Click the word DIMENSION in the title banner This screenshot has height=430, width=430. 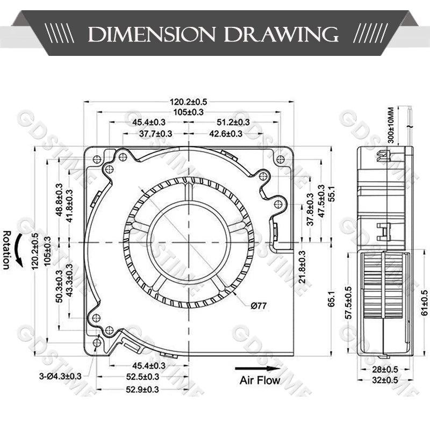click(152, 34)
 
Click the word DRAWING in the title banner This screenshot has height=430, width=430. click(281, 34)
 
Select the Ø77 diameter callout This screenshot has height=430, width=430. click(259, 305)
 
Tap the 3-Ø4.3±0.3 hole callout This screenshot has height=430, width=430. click(60, 376)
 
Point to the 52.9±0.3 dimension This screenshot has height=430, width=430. click(142, 389)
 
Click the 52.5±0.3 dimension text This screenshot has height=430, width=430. click(142, 377)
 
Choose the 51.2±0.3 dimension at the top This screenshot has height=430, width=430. click(233, 122)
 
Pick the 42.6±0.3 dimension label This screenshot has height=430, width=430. click(226, 134)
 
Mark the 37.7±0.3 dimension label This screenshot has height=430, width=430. click(155, 134)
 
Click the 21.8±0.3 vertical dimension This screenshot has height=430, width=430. click(302, 267)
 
